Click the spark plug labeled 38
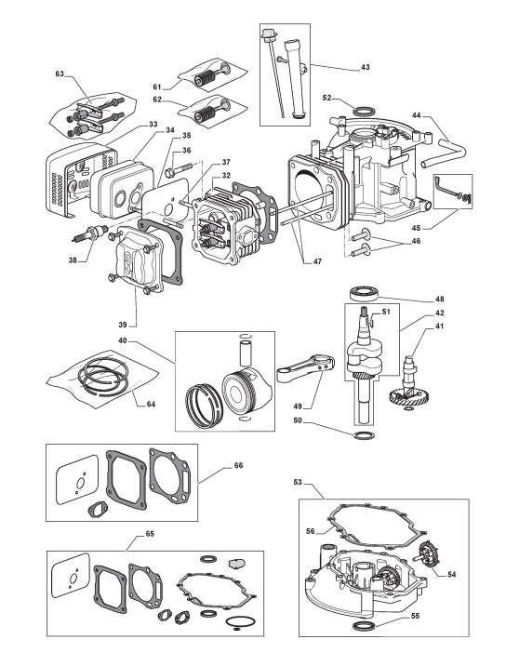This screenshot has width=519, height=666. tap(88, 233)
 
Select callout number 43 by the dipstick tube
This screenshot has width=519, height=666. tap(365, 67)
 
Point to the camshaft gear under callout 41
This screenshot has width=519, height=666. tap(408, 398)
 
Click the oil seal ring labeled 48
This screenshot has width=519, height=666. tap(363, 294)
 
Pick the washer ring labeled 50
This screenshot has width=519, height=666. tap(364, 435)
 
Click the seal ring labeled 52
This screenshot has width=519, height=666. tap(364, 113)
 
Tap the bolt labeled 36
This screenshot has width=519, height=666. tap(181, 171)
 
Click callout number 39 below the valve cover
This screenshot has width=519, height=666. tap(123, 325)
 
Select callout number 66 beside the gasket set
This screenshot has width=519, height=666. tap(239, 465)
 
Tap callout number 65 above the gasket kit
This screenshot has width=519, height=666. tap(150, 534)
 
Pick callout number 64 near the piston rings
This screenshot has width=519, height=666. tap(151, 404)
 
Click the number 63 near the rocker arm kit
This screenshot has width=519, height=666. tap(60, 73)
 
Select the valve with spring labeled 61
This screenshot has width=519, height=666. tap(211, 74)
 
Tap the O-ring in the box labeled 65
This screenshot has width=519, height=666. tap(240, 622)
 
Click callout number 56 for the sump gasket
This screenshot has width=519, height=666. tap(310, 531)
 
